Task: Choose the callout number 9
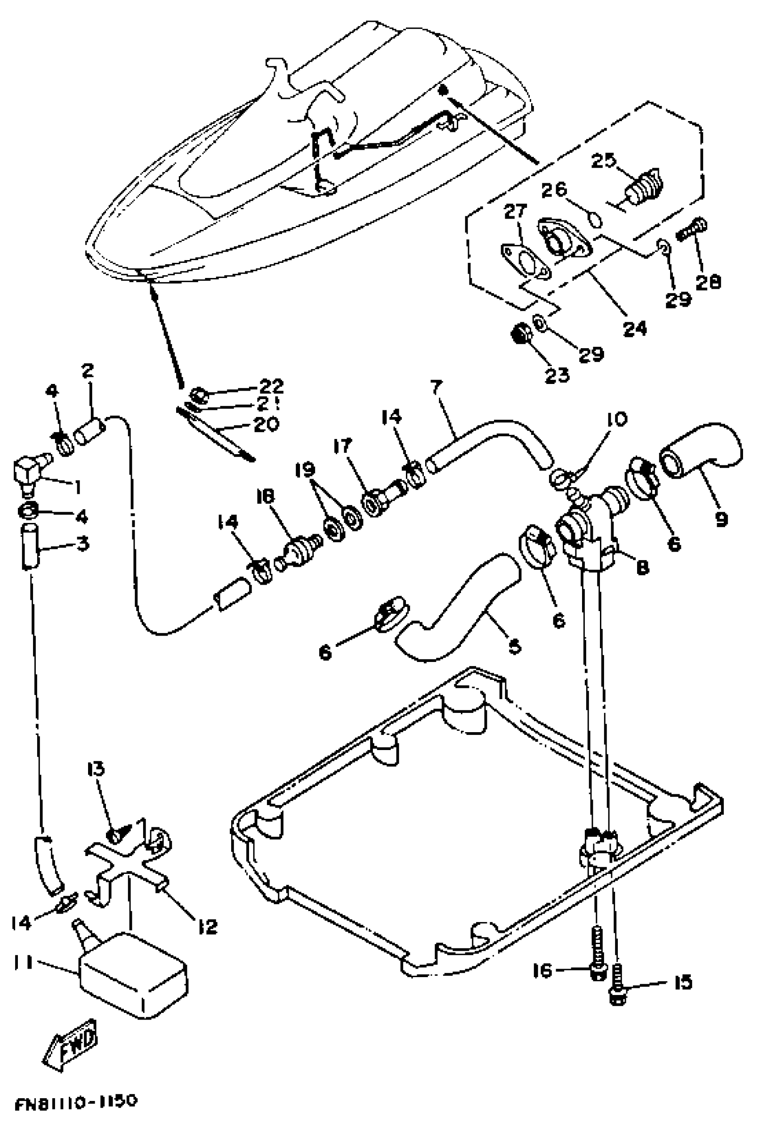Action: pyautogui.click(x=721, y=519)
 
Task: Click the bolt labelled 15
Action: pyautogui.click(x=616, y=986)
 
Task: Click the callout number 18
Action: pyautogui.click(x=266, y=496)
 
